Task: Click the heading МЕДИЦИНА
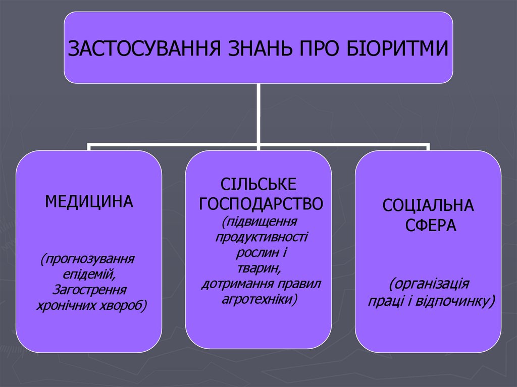(89, 202)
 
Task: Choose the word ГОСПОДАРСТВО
(261, 203)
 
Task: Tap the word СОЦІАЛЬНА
(428, 205)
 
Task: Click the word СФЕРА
(431, 225)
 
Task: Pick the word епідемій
(89, 275)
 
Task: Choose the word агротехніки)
(260, 299)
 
